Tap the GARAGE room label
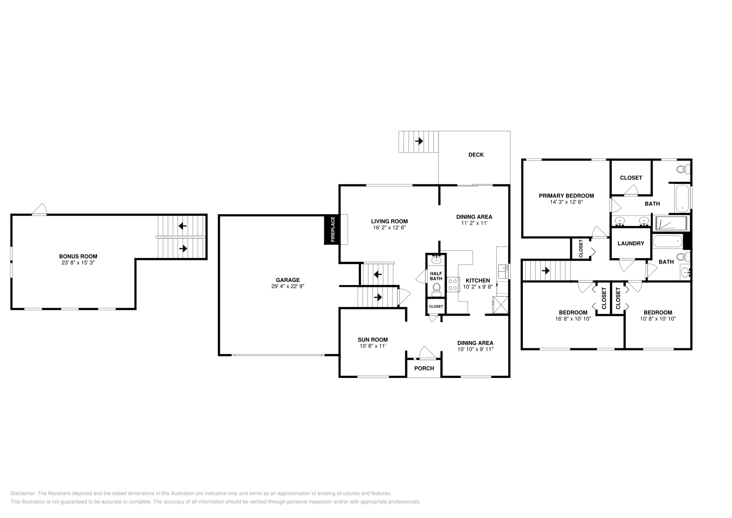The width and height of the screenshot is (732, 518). coord(287,280)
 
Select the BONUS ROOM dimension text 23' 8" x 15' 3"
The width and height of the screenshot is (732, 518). coord(78,263)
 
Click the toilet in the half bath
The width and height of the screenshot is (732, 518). coord(436,289)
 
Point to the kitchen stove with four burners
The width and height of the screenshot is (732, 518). coord(452,285)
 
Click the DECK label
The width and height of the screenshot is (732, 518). coord(476,155)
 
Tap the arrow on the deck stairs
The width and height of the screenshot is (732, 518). coord(418,141)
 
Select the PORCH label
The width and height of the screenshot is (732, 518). coord(424,368)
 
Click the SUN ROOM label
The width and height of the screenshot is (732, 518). coord(372,340)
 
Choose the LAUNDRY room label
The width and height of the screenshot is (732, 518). coord(630,243)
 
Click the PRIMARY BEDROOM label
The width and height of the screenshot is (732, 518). coord(566,196)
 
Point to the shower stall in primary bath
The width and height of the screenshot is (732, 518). coord(671,223)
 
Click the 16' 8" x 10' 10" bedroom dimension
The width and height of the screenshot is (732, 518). coord(573,319)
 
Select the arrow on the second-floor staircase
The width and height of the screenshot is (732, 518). coord(545,270)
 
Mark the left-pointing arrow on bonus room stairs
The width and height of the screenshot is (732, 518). coord(183,226)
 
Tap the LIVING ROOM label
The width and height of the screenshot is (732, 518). coord(389,221)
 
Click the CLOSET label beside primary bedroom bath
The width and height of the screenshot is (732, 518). coord(630,178)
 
